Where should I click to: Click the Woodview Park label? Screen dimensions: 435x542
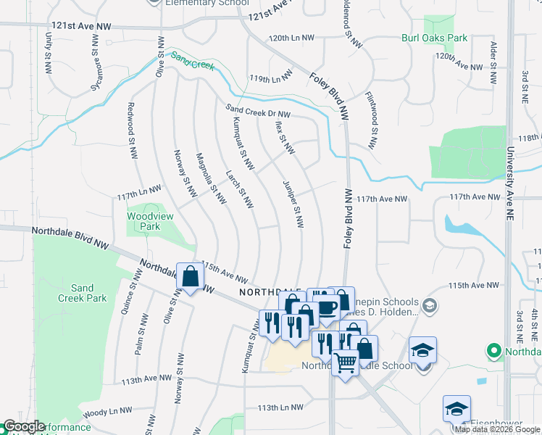[143, 221]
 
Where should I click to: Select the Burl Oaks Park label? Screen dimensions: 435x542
[435, 38]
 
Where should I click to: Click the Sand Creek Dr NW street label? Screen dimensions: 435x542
[258, 111]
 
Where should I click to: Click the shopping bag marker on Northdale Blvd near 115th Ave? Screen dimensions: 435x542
[190, 277]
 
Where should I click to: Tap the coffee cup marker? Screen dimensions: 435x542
[326, 306]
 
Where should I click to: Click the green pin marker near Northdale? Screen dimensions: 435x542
[495, 351]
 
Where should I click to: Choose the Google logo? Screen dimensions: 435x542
[25, 427]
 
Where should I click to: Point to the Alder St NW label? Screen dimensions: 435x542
[493, 56]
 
